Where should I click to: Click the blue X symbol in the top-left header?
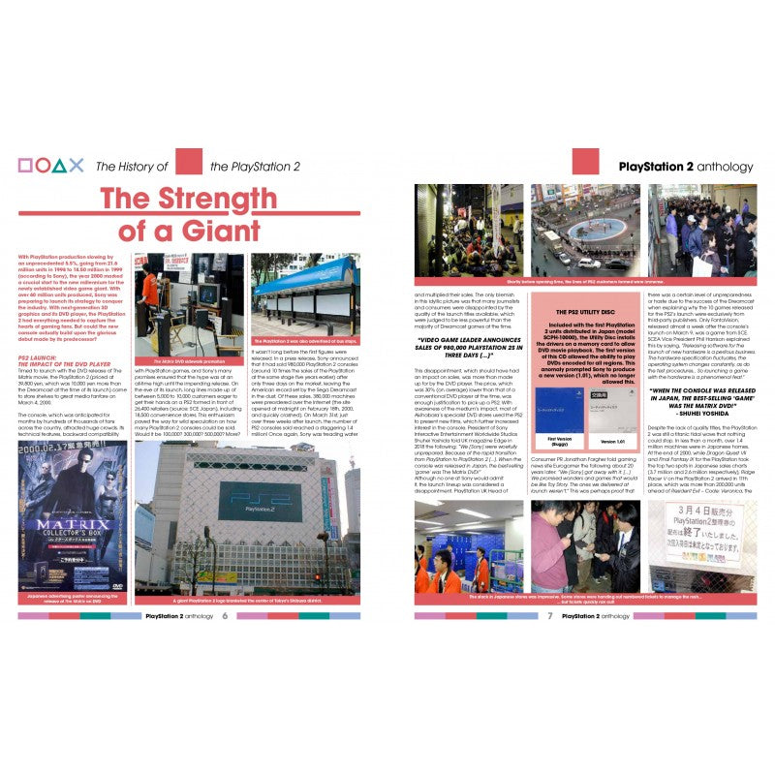click(x=77, y=166)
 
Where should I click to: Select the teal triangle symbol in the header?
click(x=60, y=166)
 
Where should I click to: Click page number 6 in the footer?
click(x=224, y=615)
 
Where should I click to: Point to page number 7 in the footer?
click(x=549, y=615)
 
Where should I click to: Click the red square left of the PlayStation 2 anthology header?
click(x=586, y=162)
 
